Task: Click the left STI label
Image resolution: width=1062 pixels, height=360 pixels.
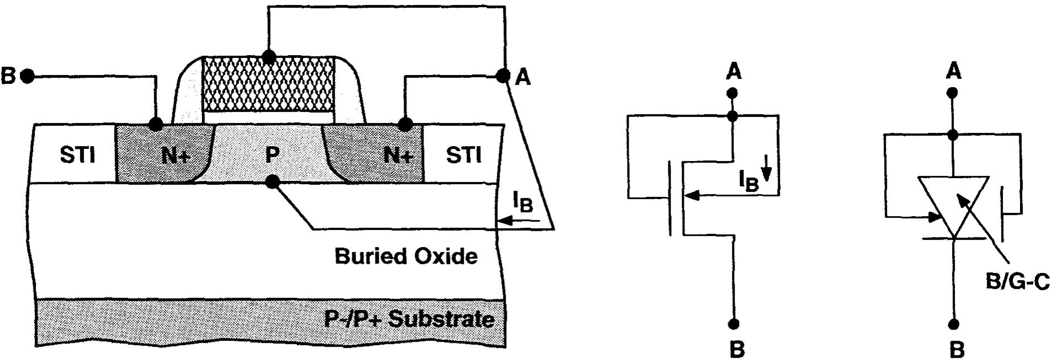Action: (77, 155)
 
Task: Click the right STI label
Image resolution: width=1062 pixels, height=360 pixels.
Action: (463, 155)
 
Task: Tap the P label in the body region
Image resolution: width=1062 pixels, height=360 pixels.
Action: (272, 155)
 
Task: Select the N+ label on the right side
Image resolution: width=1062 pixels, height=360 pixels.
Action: (398, 157)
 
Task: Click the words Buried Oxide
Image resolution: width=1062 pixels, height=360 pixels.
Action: (406, 256)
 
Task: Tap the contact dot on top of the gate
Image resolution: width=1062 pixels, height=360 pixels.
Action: (269, 57)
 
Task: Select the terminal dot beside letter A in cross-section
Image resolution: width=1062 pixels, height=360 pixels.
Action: (502, 76)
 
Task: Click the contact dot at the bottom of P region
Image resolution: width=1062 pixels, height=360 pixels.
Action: (271, 182)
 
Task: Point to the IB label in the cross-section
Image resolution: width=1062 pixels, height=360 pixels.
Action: (523, 203)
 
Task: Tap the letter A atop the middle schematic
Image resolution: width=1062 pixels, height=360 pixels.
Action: (733, 72)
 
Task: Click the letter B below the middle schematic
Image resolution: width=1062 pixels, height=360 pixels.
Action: (737, 349)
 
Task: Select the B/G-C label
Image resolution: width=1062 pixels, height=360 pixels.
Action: (1017, 282)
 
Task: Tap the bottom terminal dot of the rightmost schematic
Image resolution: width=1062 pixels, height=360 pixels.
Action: (954, 324)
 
